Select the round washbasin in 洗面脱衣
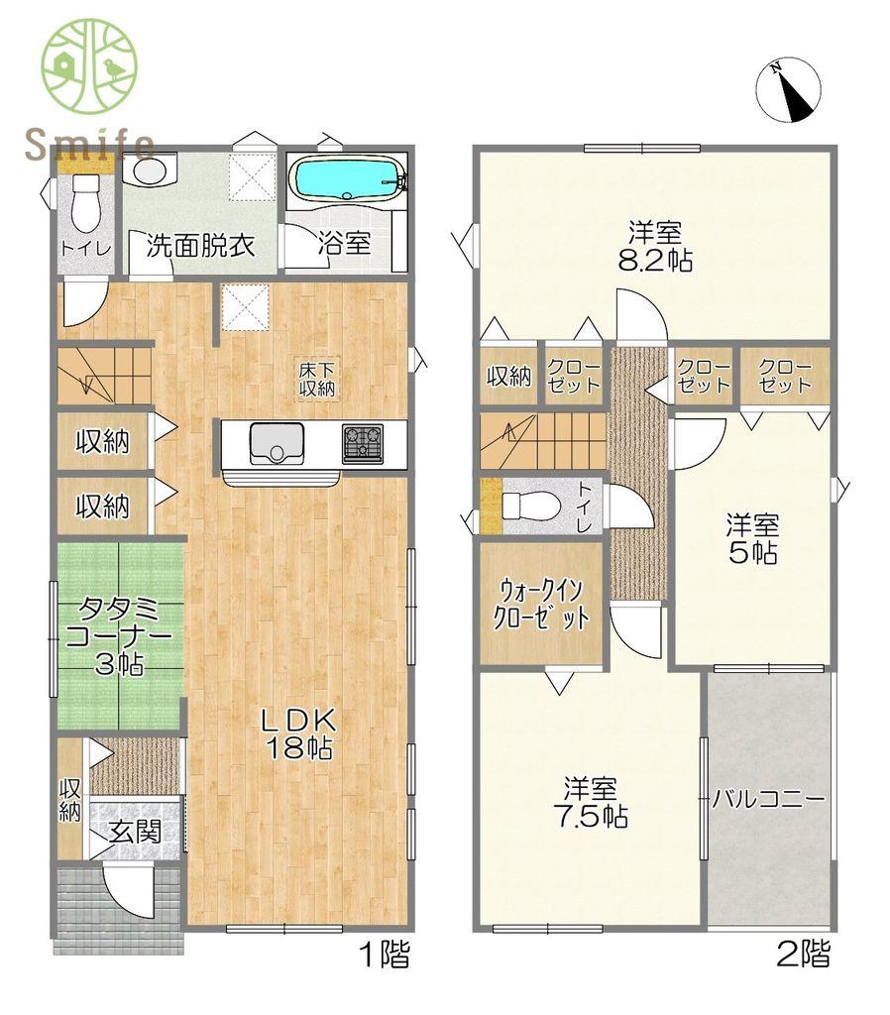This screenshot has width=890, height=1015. pos(151,170)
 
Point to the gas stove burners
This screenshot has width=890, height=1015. pos(363,444)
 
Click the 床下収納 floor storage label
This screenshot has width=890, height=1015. pos(317,380)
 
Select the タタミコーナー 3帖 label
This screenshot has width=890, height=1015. pos(119,637)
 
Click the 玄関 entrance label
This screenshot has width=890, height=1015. pos(134,832)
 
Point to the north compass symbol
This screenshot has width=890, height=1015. pos(788,90)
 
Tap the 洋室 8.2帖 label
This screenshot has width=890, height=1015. pos(655,247)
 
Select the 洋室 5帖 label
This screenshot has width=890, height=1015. pos(752,538)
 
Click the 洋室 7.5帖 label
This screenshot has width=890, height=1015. pos(591,802)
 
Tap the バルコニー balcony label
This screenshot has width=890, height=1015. pos(769,800)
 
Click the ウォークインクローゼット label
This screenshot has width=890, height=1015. pos(541,605)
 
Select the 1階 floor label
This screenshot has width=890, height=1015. pos(385,954)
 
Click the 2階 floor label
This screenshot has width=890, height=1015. pos(803,954)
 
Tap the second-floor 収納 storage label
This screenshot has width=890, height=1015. pos(508,376)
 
